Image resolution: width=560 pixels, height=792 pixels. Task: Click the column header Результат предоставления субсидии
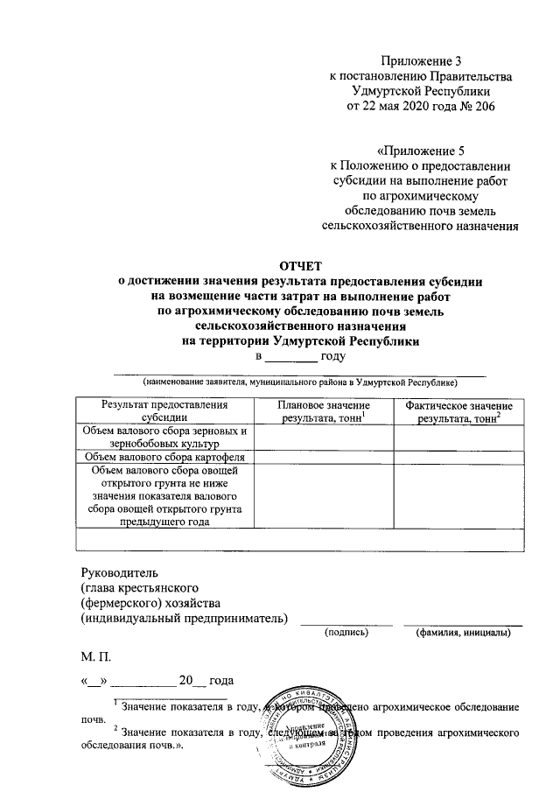tap(164, 412)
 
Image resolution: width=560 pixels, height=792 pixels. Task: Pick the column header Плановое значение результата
tap(323, 412)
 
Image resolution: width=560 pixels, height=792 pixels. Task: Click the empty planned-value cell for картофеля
tap(323, 457)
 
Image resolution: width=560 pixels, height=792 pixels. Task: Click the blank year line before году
tap(291, 358)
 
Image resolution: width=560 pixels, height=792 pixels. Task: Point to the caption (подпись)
tap(346, 631)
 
